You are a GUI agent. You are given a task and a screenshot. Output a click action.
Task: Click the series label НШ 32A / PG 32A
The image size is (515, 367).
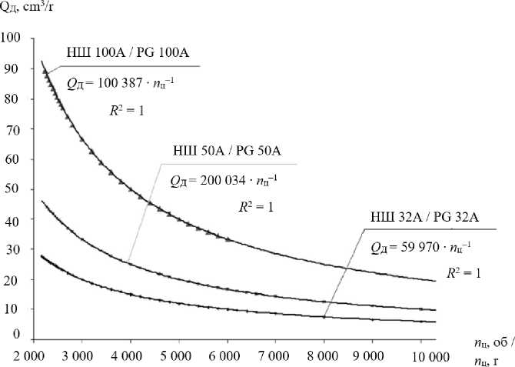420,222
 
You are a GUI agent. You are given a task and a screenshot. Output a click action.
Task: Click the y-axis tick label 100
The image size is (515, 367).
12,38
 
